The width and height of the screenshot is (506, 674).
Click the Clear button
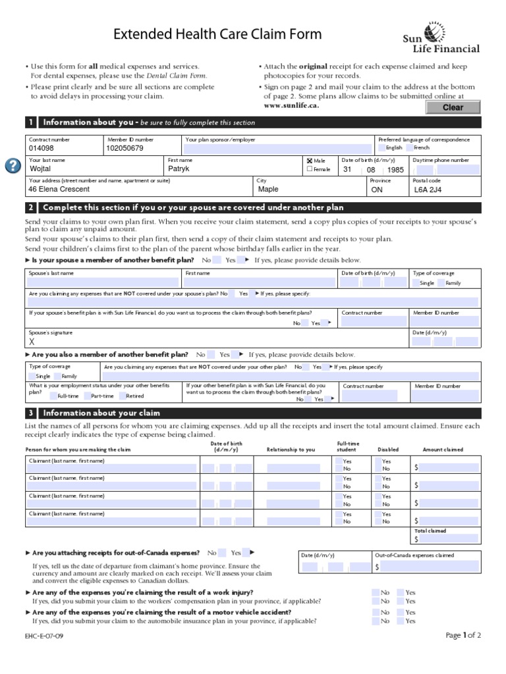tap(453, 107)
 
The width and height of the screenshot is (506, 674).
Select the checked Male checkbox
tap(310, 160)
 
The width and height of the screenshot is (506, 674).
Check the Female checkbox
tap(310, 169)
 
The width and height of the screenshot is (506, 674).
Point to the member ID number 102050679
tap(125, 149)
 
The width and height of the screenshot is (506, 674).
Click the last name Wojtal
tap(41, 169)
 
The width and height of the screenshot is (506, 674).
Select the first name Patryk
tap(179, 169)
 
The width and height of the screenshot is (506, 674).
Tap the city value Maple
tap(268, 190)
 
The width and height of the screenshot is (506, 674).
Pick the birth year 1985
tap(395, 170)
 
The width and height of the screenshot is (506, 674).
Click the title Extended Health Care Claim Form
tap(210, 34)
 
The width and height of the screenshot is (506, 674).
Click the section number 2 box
tap(30, 207)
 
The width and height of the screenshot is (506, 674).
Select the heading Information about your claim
tap(101, 413)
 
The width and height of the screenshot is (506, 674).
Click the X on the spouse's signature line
tap(32, 342)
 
